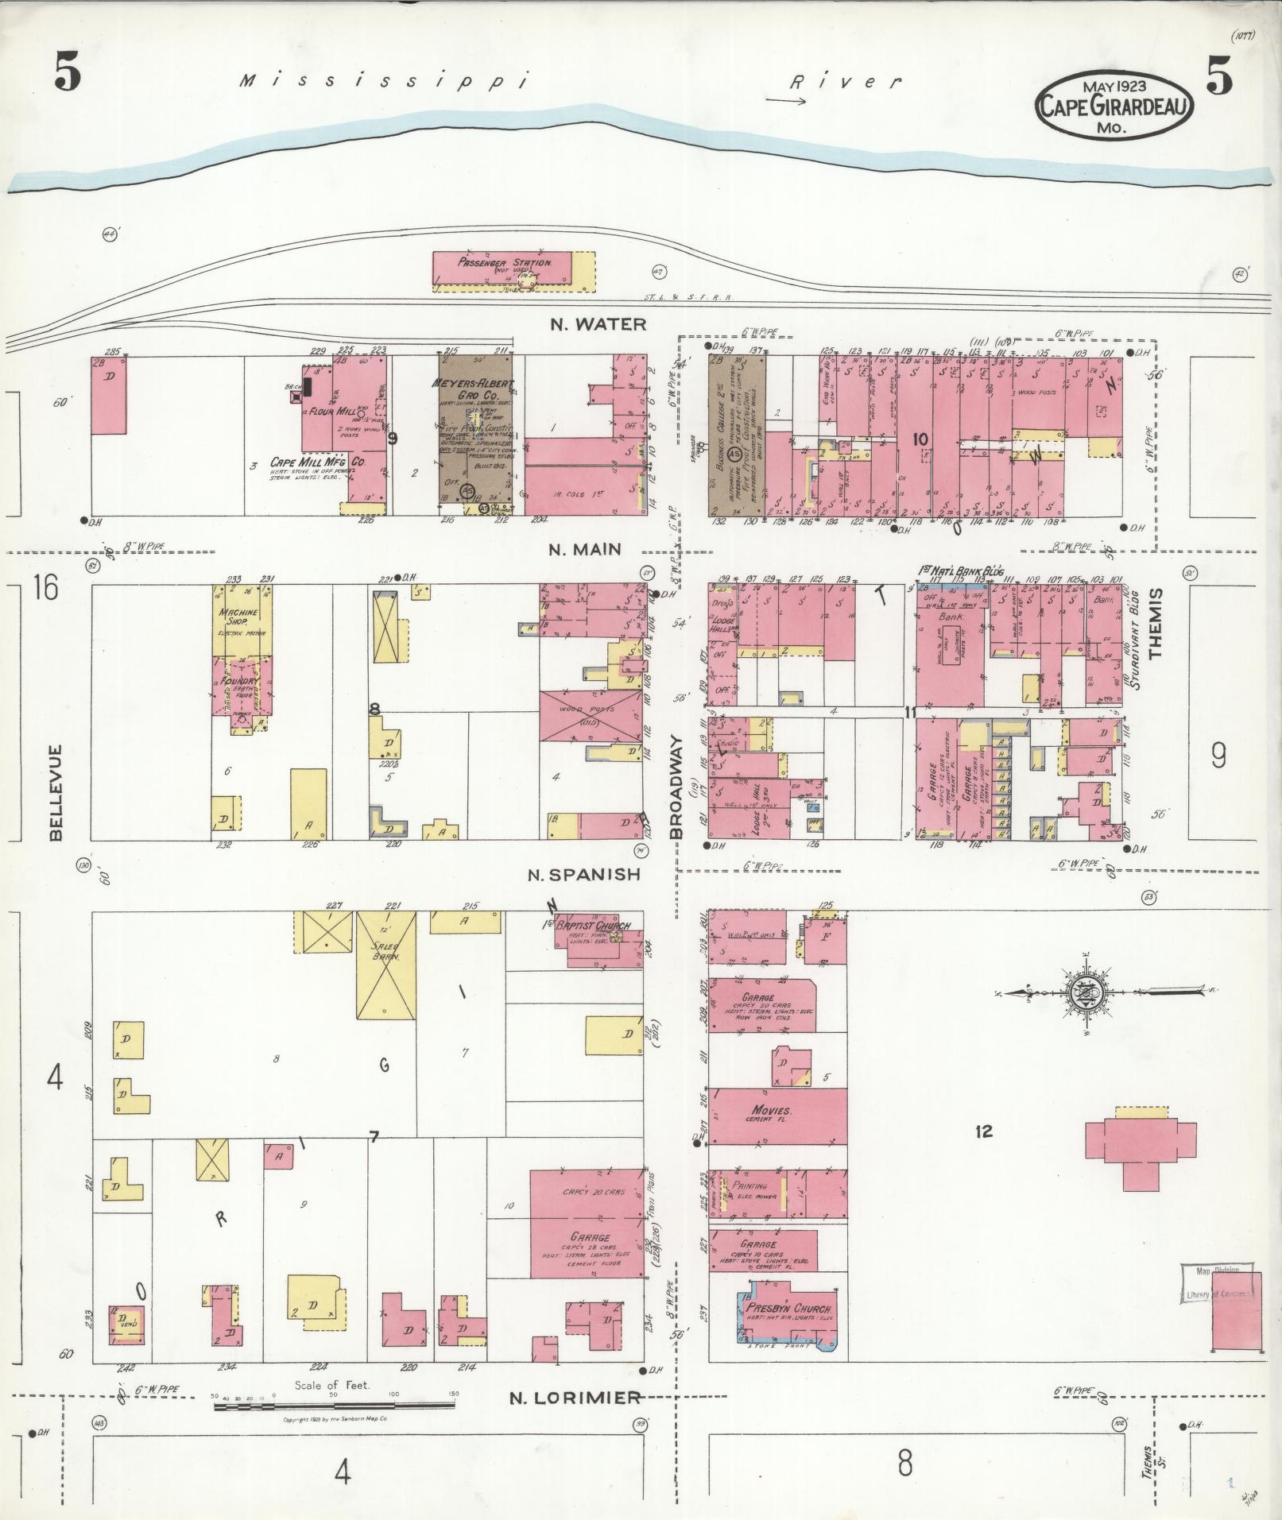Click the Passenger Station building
(513, 271)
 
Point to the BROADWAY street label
(677, 787)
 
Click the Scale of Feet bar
(333, 1406)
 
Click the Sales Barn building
(385, 965)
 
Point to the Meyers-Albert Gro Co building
(476, 433)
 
